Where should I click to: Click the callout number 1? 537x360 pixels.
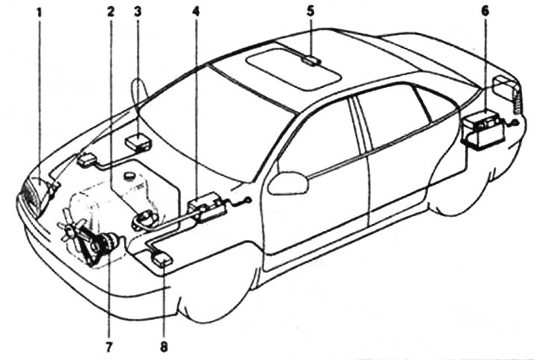pyautogui.click(x=39, y=13)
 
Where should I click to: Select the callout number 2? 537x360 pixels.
pyautogui.click(x=110, y=13)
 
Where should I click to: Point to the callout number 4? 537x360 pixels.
pyautogui.click(x=195, y=13)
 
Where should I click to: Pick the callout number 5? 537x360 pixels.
pyautogui.click(x=311, y=13)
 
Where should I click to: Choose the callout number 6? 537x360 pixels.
pyautogui.click(x=486, y=13)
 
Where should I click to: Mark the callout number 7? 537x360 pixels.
pyautogui.click(x=109, y=346)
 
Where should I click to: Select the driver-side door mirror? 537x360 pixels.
pyautogui.click(x=288, y=183)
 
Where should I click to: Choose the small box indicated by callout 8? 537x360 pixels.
pyautogui.click(x=162, y=258)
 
